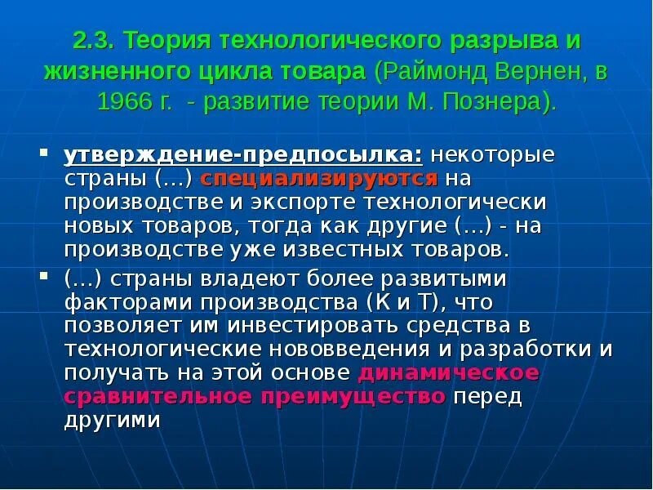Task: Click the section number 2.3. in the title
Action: (95, 41)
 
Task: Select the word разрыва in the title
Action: (492, 41)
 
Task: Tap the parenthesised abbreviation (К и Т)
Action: (400, 302)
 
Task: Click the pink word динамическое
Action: (449, 373)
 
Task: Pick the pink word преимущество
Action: (354, 397)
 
